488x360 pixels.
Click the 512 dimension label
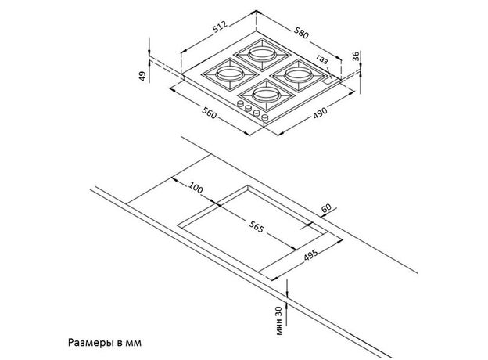(x=220, y=27)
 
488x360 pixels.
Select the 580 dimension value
(x=301, y=33)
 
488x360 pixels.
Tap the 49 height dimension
(x=142, y=76)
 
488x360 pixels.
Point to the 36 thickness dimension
(x=355, y=56)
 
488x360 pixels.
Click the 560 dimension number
(x=209, y=113)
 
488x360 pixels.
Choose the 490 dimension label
(x=321, y=113)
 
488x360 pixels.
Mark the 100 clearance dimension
(x=196, y=188)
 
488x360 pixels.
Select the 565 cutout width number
(x=257, y=226)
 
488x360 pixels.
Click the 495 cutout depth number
(x=310, y=255)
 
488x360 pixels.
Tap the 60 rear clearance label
(x=326, y=208)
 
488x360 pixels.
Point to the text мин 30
(x=279, y=321)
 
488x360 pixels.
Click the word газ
(x=322, y=59)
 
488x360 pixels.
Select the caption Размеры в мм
(x=105, y=343)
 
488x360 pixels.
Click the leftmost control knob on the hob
(x=241, y=104)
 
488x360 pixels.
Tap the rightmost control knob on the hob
(x=265, y=117)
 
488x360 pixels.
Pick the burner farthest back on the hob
(x=262, y=54)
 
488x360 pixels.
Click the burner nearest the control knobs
(x=266, y=95)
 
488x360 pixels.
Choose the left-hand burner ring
(x=230, y=74)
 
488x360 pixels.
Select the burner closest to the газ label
(x=299, y=75)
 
